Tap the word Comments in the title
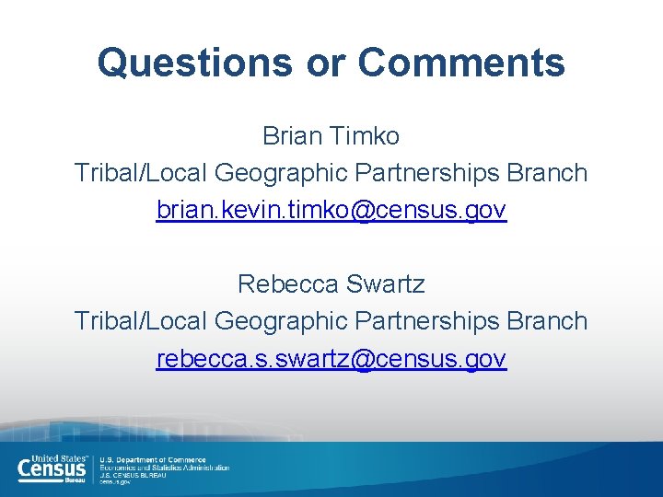[x=461, y=63]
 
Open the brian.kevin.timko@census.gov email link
[x=331, y=210]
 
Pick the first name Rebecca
[x=287, y=283]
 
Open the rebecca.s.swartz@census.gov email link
[x=331, y=358]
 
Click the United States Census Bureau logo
[x=53, y=468]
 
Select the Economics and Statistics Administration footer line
[x=165, y=468]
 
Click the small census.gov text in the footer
[x=115, y=482]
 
